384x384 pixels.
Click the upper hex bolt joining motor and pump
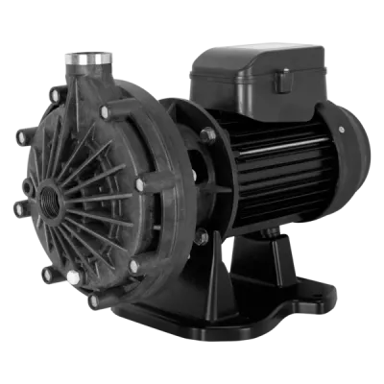pyautogui.click(x=207, y=135)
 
